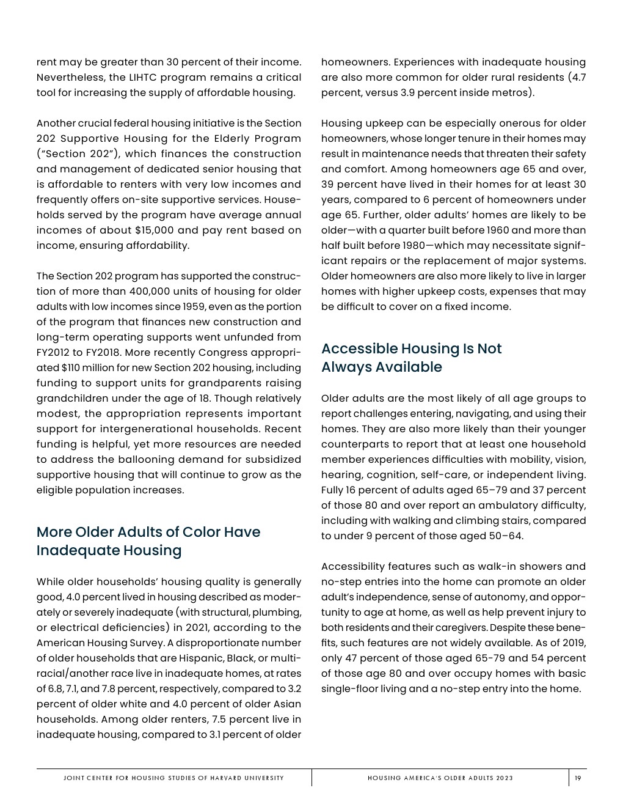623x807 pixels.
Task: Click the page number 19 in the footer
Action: tap(578, 778)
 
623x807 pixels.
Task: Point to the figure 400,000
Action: tap(118, 292)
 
